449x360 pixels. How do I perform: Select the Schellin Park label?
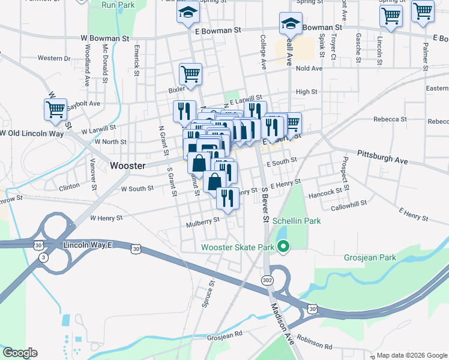pyautogui.click(x=297, y=221)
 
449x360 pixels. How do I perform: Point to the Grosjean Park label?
pyautogui.click(x=370, y=257)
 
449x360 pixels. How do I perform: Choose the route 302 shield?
pyautogui.click(x=267, y=280)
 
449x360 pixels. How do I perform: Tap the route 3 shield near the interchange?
pyautogui.click(x=43, y=257)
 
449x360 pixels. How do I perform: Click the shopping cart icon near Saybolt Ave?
pyautogui.click(x=55, y=109)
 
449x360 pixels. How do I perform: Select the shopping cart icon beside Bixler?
pyautogui.click(x=191, y=74)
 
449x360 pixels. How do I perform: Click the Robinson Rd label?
pyautogui.click(x=314, y=343)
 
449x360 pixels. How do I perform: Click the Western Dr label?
pyautogui.click(x=53, y=58)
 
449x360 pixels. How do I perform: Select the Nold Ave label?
pyautogui.click(x=309, y=68)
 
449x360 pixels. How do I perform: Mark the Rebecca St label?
pyautogui.click(x=390, y=119)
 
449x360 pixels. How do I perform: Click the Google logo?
pyautogui.click(x=20, y=353)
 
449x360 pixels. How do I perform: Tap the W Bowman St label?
pyautogui.click(x=105, y=38)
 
